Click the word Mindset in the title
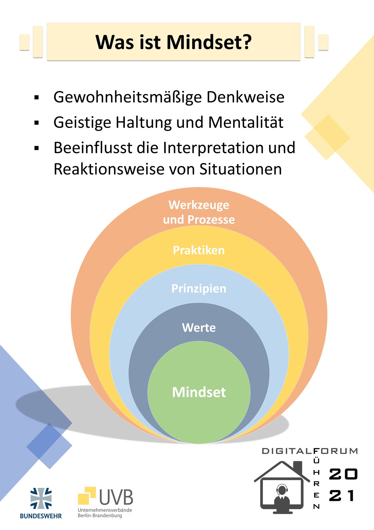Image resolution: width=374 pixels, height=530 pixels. click(x=209, y=42)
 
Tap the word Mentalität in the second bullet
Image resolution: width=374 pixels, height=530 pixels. click(x=246, y=122)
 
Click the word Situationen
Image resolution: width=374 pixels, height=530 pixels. click(x=241, y=170)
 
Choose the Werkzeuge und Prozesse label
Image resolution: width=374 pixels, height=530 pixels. click(x=199, y=212)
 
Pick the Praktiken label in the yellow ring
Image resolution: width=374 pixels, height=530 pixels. click(x=199, y=250)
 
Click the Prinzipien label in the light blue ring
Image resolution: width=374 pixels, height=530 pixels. click(x=199, y=289)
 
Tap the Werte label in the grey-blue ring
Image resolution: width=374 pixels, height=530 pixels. click(x=199, y=328)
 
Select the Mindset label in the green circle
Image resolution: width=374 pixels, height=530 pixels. click(x=199, y=392)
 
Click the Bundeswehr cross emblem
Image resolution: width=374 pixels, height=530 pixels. click(x=41, y=498)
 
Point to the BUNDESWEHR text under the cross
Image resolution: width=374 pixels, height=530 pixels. click(x=41, y=516)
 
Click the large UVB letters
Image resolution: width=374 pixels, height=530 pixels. click(x=116, y=497)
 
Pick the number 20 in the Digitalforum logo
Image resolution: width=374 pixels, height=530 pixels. click(x=343, y=474)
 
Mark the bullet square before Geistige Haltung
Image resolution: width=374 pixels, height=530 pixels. click(x=36, y=123)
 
